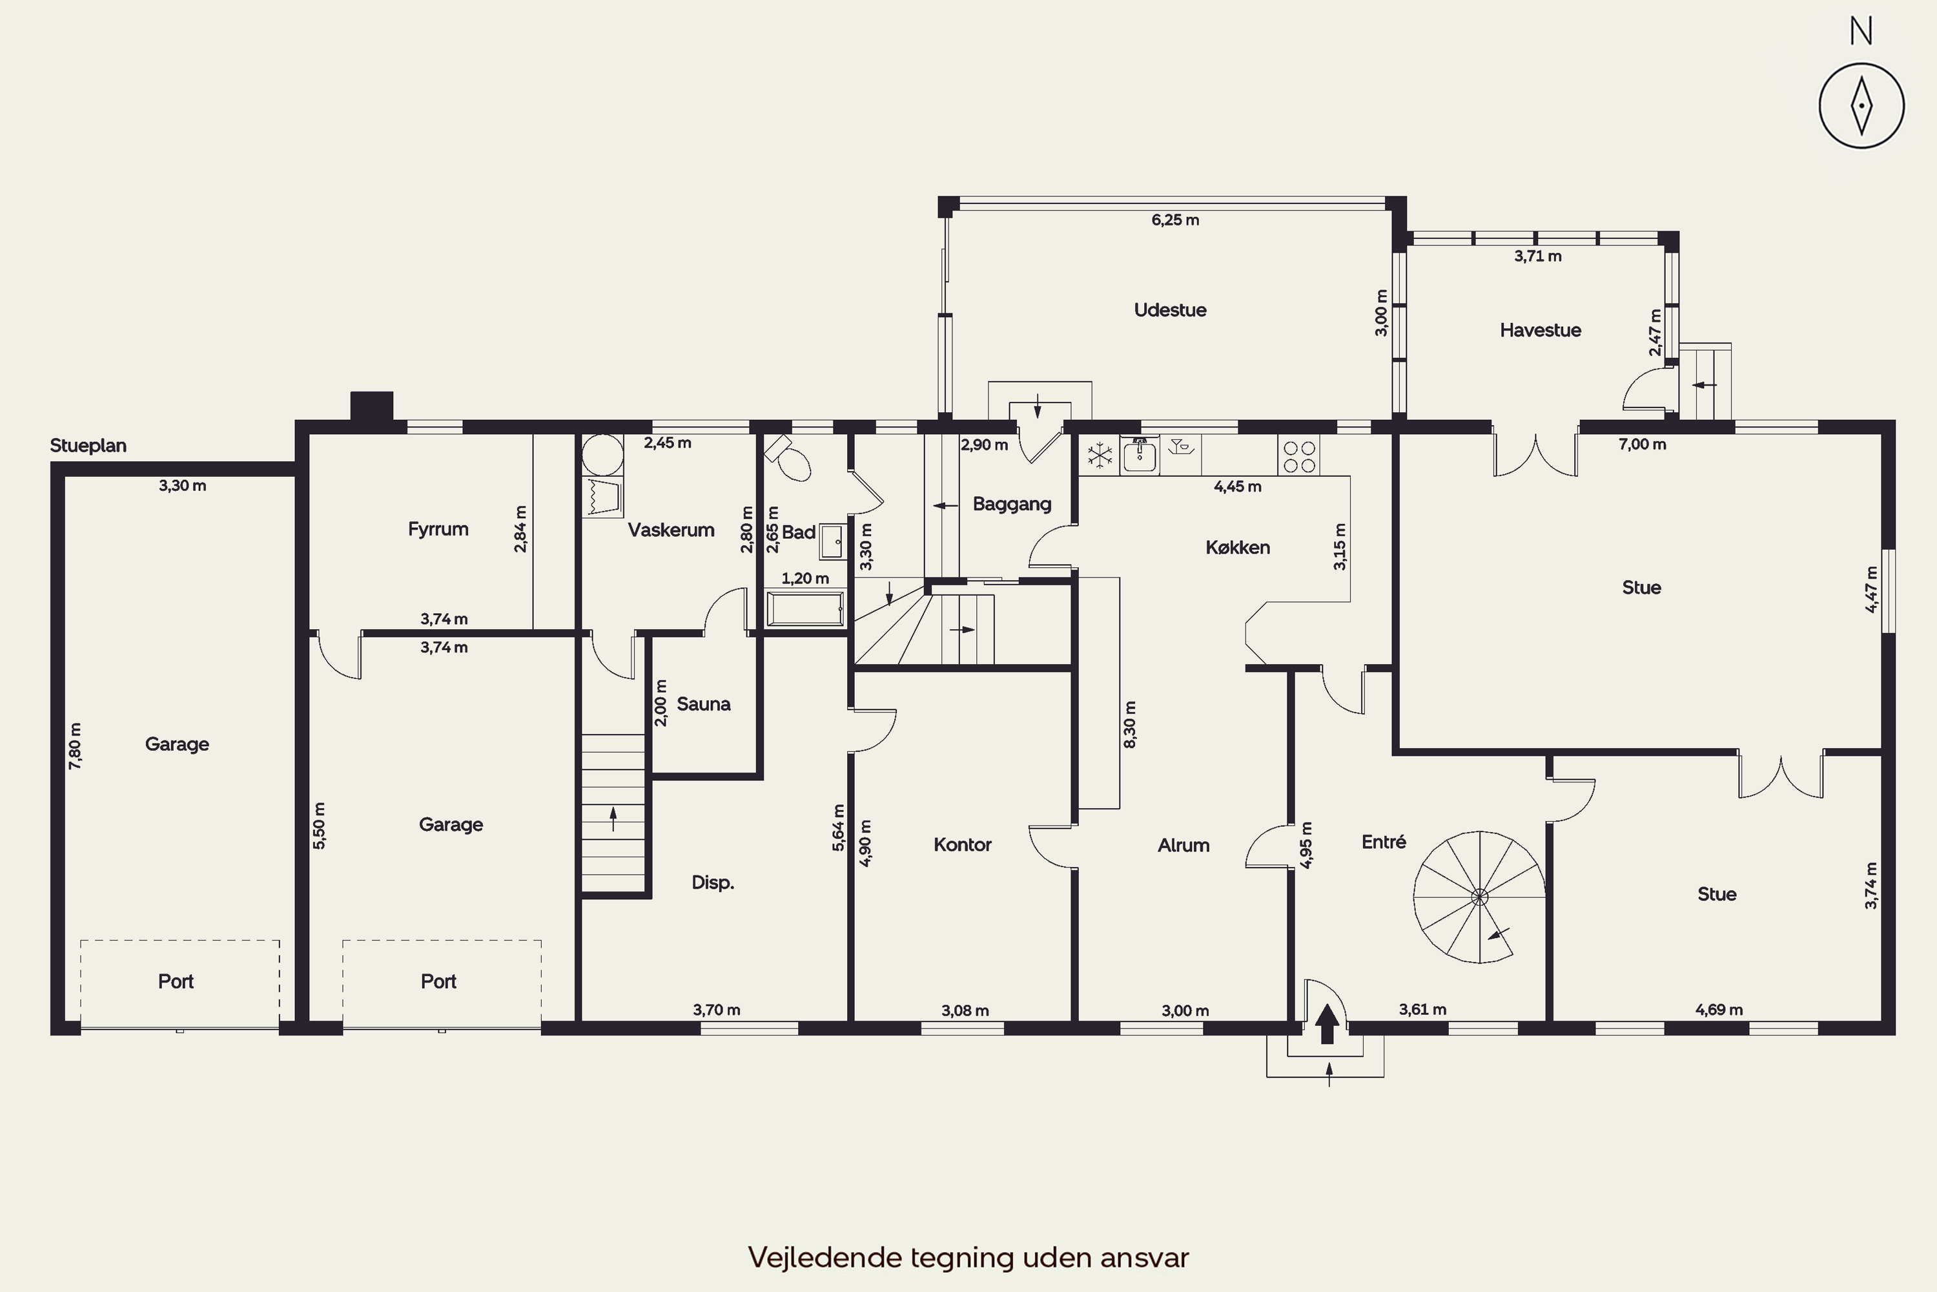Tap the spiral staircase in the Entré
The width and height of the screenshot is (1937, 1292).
[x=1479, y=897]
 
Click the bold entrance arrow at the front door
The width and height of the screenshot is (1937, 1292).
[x=1327, y=1023]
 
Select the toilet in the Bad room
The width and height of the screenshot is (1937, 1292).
[x=789, y=458]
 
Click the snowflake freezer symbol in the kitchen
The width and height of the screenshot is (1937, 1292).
[x=1100, y=455]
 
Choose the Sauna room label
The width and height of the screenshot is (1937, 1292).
[x=703, y=703]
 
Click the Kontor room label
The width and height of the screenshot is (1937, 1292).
[x=962, y=844]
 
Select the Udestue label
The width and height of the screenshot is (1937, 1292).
[x=1169, y=310]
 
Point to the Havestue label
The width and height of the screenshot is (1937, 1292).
[x=1540, y=330]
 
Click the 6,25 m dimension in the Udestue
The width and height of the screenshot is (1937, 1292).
[x=1175, y=220]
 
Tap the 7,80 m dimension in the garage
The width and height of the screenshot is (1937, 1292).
[x=75, y=745]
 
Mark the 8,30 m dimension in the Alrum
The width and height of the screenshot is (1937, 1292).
[x=1130, y=725]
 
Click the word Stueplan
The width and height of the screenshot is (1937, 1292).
[x=88, y=446]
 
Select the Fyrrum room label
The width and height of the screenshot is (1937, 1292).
[x=438, y=529]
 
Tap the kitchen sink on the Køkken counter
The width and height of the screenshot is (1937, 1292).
[x=1140, y=455]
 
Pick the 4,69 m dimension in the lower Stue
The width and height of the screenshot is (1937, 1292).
[x=1719, y=1009]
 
